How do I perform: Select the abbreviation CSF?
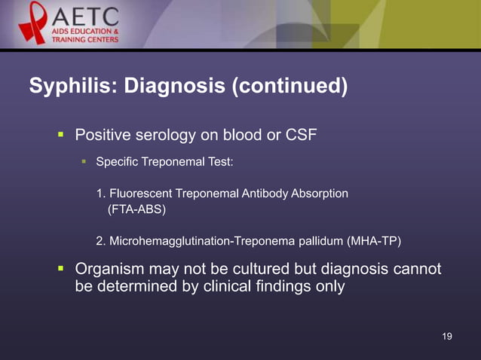[301, 136]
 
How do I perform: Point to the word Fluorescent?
[142, 194]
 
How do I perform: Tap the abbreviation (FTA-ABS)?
[136, 209]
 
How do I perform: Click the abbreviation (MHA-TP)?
[375, 241]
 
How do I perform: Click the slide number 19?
[447, 336]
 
